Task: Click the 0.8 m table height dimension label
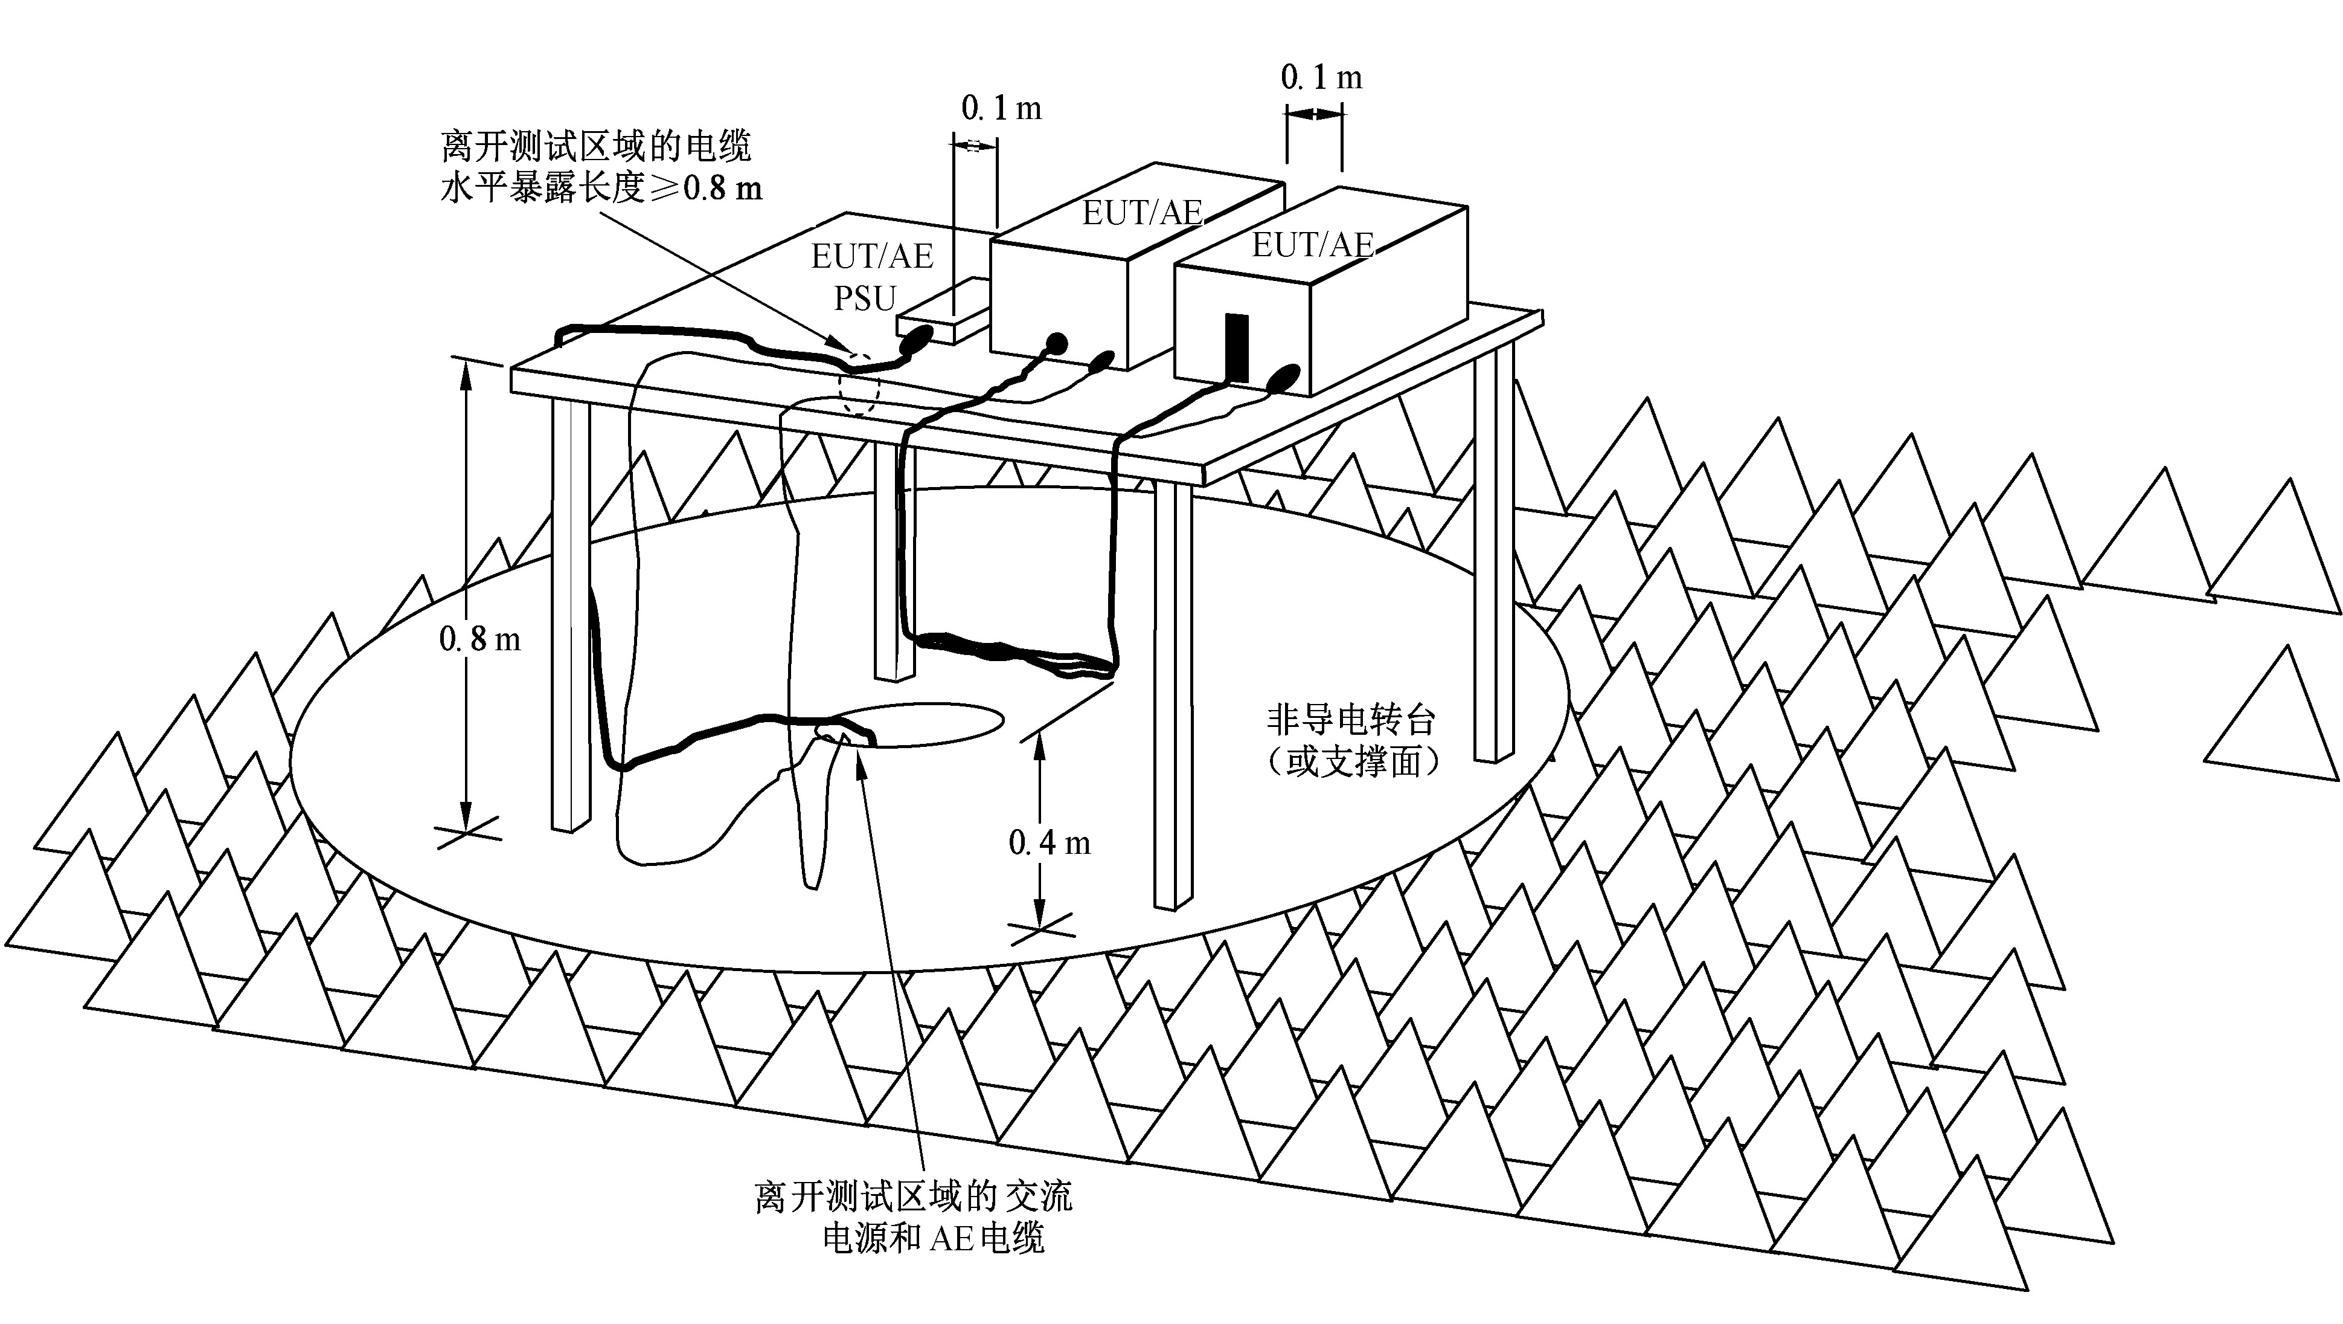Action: [x=479, y=640]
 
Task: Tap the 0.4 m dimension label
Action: [x=1049, y=844]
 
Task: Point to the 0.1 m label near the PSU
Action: [x=1001, y=109]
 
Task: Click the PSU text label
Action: [x=865, y=297]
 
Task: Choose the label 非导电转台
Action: [x=1351, y=721]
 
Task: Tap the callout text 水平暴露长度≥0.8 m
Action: [x=600, y=189]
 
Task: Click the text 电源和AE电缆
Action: [x=933, y=1238]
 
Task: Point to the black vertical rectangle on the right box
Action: [x=1237, y=347]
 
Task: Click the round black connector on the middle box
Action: [x=1055, y=344]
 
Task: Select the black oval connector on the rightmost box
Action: [x=1283, y=376]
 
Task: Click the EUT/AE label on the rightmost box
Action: [x=1312, y=245]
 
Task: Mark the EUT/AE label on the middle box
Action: [x=1141, y=213]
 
